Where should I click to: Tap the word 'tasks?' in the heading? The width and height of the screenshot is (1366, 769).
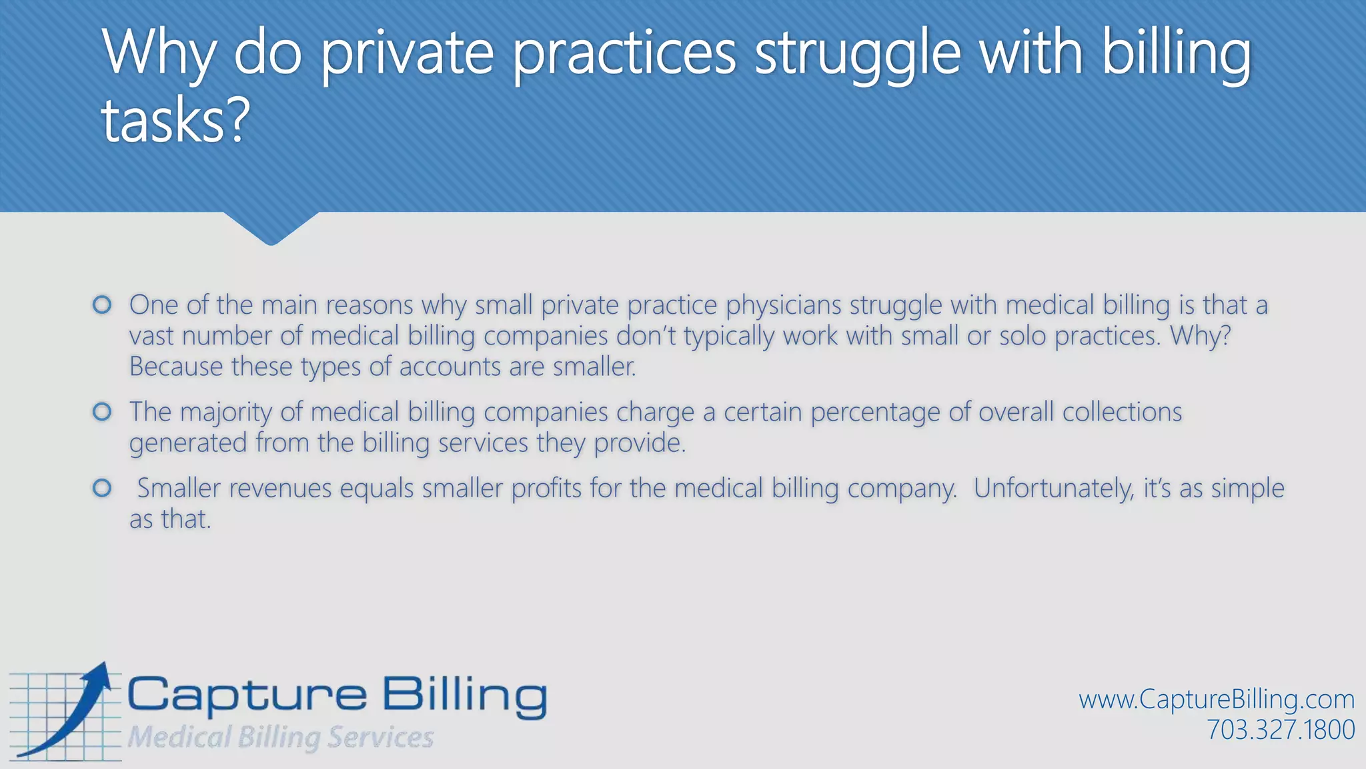(x=175, y=120)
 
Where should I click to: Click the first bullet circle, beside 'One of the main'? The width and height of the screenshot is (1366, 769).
(x=102, y=305)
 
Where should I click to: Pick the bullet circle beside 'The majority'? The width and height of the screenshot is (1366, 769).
(x=102, y=412)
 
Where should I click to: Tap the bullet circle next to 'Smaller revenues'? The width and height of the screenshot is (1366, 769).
(x=102, y=488)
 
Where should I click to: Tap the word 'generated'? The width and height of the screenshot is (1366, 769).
(x=188, y=443)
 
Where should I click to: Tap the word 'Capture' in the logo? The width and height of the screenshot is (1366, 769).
(x=247, y=696)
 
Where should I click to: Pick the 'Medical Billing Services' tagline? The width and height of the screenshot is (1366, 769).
(x=281, y=737)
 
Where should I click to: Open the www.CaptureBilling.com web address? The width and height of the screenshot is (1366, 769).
(x=1217, y=699)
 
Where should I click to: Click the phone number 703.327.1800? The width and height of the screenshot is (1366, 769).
(x=1281, y=730)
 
